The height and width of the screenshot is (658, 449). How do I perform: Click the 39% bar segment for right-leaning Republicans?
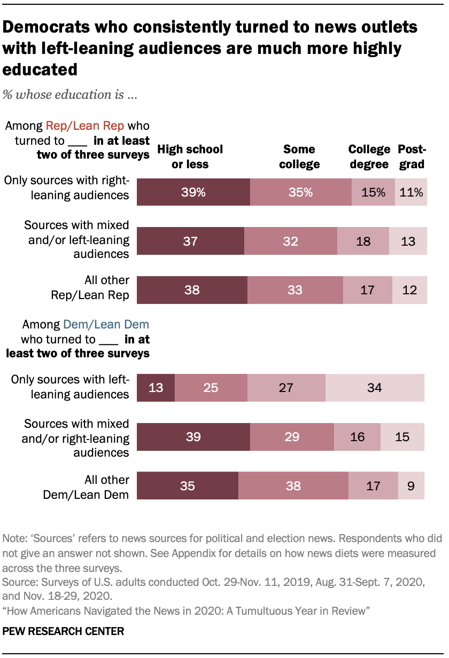[193, 192]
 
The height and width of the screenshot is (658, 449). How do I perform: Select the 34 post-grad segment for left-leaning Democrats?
[375, 387]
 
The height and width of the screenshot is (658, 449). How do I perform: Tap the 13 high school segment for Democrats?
[156, 387]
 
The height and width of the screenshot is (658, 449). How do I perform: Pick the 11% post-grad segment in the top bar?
[411, 192]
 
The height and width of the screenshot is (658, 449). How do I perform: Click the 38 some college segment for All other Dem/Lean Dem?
[293, 486]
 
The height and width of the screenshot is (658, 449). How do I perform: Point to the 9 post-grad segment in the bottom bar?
[411, 486]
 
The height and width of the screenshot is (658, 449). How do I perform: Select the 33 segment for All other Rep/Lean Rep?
[295, 290]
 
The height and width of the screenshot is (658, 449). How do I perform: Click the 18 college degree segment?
[363, 241]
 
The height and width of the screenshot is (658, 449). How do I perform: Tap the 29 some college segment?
[292, 437]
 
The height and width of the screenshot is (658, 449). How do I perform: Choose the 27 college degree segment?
[287, 387]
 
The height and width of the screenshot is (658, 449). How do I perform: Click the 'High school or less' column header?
[190, 156]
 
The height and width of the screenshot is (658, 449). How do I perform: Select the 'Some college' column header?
[299, 156]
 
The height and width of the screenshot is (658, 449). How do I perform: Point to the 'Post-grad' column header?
[411, 156]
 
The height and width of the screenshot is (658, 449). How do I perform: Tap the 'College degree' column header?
[368, 156]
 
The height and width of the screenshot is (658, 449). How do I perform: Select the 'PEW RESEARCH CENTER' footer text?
[64, 631]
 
